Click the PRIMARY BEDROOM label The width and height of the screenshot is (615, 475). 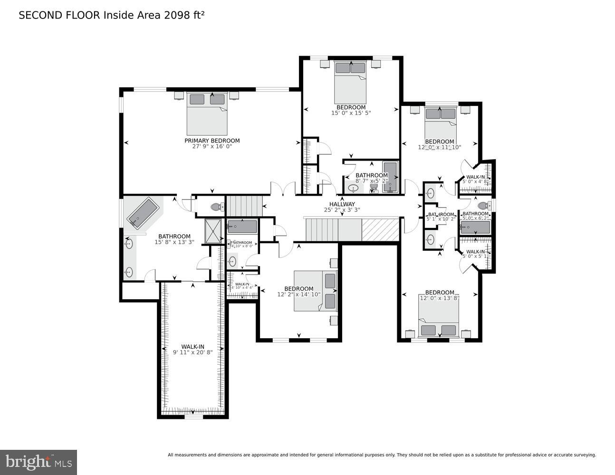pyautogui.click(x=212, y=141)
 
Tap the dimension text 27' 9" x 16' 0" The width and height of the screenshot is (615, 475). pyautogui.click(x=212, y=147)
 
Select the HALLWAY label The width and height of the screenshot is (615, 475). pyautogui.click(x=342, y=204)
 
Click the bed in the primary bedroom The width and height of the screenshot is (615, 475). pyautogui.click(x=207, y=114)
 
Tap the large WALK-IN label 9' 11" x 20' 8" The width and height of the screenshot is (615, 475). pyautogui.click(x=192, y=347)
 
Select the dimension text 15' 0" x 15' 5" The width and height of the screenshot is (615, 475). pyautogui.click(x=351, y=113)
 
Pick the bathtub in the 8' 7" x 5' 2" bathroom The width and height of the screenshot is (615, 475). pyautogui.click(x=390, y=177)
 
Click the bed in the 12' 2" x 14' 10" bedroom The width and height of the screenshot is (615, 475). pyautogui.click(x=315, y=291)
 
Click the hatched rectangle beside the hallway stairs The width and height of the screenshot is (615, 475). pyautogui.click(x=380, y=229)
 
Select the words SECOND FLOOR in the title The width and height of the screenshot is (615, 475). pyautogui.click(x=59, y=15)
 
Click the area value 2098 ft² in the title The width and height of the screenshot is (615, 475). pyautogui.click(x=184, y=15)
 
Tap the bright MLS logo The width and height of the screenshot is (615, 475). pyautogui.click(x=38, y=461)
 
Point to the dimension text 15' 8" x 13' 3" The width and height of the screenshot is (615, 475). pyautogui.click(x=174, y=242)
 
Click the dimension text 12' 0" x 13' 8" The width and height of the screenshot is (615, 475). pyautogui.click(x=440, y=298)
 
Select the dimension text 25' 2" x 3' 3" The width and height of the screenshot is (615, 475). pyautogui.click(x=342, y=210)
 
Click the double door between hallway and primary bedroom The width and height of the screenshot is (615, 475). pyautogui.click(x=283, y=189)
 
